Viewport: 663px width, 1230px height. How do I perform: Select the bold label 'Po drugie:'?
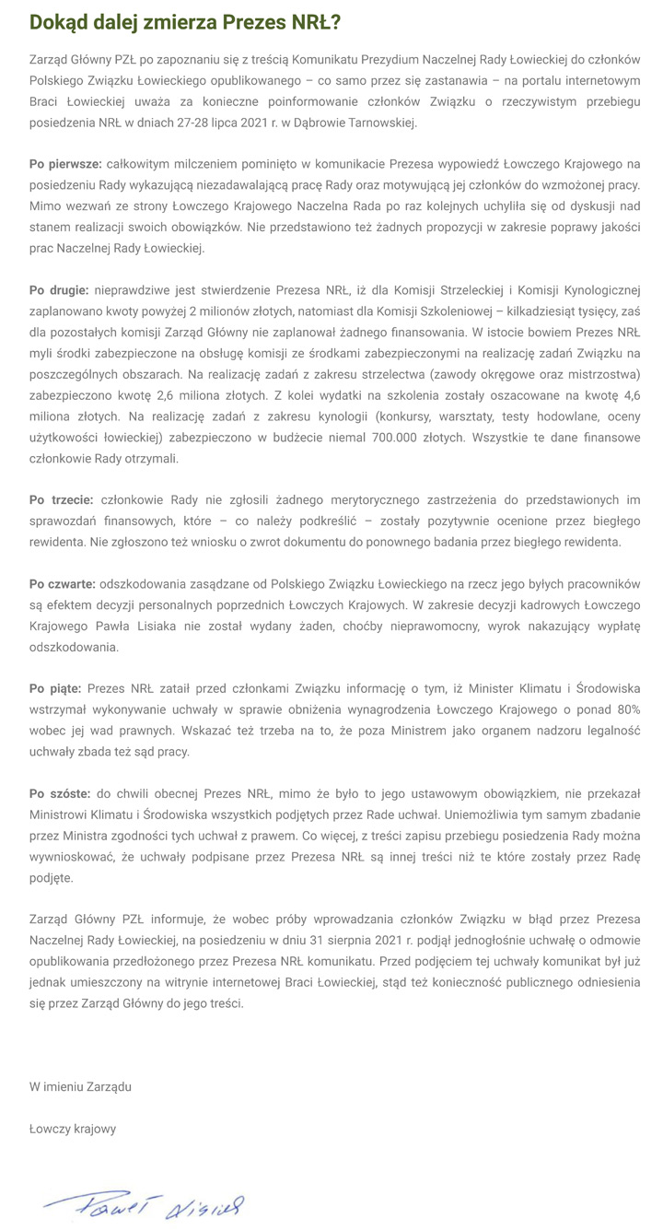pos(59,290)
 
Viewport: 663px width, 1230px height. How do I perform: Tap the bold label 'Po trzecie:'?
pos(61,500)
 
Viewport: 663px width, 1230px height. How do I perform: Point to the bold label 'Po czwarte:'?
pos(63,584)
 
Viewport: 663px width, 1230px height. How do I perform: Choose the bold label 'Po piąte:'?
pos(55,689)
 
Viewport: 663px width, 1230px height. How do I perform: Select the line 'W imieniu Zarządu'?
pos(80,1086)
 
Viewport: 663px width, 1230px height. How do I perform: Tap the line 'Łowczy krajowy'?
pos(73,1129)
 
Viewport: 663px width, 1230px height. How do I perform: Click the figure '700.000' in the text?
pos(396,438)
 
